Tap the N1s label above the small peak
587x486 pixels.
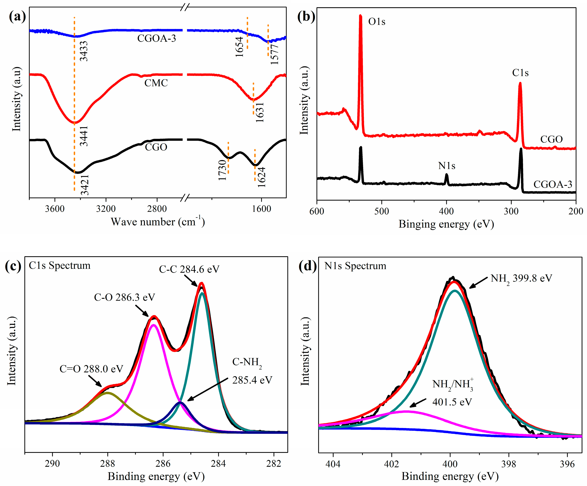(446, 166)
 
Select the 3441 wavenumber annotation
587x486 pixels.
(84, 136)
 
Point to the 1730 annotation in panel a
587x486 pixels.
(222, 170)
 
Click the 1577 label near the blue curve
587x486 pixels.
(275, 54)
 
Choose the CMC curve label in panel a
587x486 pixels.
(156, 83)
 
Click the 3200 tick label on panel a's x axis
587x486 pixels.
(106, 209)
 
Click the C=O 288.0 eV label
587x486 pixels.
(91, 369)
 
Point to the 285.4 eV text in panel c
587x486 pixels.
(252, 380)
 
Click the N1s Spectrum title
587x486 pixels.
(355, 266)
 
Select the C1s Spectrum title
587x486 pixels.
(60, 265)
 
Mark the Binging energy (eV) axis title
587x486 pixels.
(446, 224)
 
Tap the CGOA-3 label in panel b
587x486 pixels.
(553, 184)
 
